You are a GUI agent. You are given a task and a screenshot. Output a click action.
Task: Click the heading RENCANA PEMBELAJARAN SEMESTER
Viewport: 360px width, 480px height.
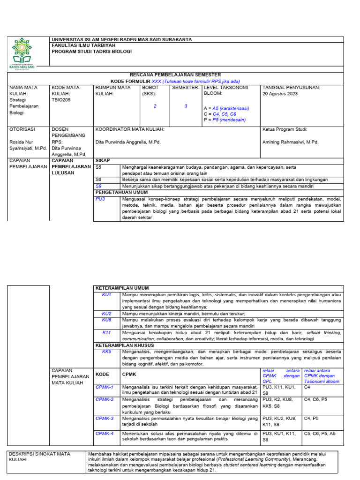coord(175,75)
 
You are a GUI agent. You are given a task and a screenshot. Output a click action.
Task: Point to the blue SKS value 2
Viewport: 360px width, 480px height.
coord(155,106)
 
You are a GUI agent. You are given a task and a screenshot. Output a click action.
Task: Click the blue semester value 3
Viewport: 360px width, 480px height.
coord(186,106)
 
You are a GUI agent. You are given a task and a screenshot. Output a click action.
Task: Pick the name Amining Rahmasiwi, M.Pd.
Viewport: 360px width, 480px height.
coord(290,142)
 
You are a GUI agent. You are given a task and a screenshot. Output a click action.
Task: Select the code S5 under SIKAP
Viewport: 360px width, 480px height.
coord(98,167)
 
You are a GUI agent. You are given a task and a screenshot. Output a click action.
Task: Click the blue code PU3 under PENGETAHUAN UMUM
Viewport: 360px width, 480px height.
coord(100,199)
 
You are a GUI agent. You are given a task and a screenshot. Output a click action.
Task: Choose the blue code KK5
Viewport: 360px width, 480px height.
coord(107,352)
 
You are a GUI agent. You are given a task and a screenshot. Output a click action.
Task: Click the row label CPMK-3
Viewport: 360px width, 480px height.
coord(105,418)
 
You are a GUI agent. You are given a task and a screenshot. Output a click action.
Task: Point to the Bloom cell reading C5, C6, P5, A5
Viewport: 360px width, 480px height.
coord(320,434)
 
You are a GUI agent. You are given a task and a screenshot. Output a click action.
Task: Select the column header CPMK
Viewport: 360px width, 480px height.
coord(128,375)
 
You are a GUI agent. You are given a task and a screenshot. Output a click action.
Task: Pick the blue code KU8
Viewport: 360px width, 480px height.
coord(107,319)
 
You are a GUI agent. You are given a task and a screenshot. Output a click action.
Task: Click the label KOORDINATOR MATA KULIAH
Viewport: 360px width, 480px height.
coord(129,129)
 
